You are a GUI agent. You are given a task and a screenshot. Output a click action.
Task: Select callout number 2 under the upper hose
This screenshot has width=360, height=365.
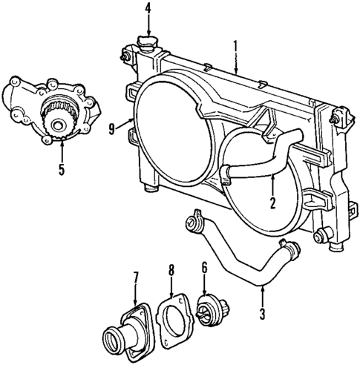point(273,201)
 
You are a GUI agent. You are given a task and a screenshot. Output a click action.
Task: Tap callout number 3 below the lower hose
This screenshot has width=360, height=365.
point(262,315)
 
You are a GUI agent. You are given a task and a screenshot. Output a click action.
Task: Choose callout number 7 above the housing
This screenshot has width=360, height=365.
point(135,278)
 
